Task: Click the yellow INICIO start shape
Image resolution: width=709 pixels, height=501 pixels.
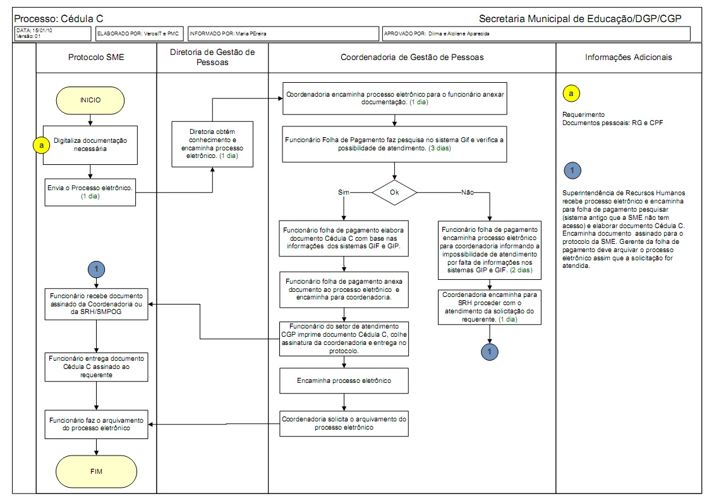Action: click(90, 100)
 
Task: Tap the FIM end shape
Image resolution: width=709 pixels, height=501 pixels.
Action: click(96, 471)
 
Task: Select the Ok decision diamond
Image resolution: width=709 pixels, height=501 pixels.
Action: click(394, 191)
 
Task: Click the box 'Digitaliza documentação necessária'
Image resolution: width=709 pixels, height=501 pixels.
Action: click(90, 144)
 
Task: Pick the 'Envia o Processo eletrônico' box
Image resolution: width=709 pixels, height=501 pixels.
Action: click(90, 192)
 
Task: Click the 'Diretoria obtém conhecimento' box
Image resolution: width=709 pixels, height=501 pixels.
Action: click(212, 144)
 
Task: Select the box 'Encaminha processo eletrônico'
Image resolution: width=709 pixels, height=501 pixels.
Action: click(344, 381)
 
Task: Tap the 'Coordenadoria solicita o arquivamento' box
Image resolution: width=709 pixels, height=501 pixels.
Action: click(344, 423)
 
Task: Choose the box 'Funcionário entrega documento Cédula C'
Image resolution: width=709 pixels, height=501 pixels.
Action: click(96, 366)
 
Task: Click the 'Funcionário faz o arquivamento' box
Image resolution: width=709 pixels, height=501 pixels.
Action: click(96, 424)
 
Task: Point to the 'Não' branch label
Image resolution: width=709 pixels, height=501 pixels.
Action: click(468, 191)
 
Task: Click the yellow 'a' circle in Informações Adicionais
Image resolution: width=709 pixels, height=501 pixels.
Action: click(571, 94)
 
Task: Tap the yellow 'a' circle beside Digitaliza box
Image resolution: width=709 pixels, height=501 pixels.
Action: click(42, 145)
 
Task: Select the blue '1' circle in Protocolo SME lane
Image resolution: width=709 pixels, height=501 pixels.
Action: click(96, 269)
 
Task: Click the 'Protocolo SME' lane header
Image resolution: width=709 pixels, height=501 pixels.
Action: click(96, 57)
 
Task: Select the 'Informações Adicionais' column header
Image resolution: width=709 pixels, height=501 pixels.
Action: click(628, 57)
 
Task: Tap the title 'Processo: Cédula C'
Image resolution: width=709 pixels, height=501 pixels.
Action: click(59, 18)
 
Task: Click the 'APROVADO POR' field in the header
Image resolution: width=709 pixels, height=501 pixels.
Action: click(536, 33)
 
